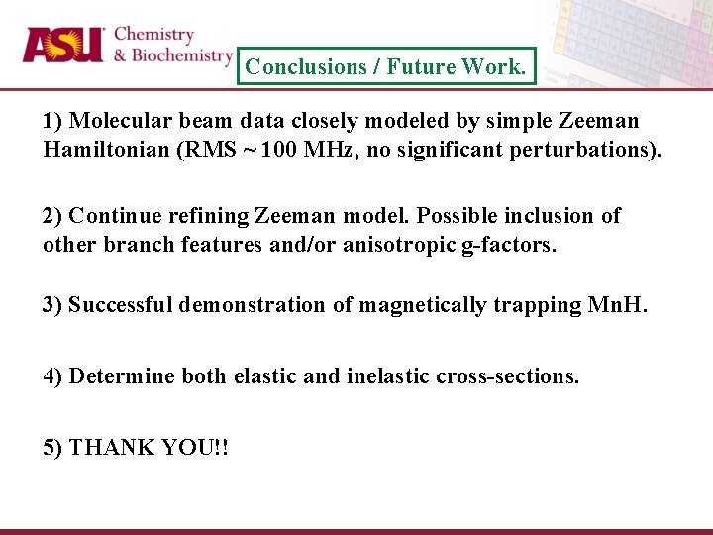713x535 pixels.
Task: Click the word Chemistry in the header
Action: [153, 35]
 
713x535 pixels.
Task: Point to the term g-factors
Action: [508, 244]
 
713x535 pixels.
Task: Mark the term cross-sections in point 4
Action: [507, 376]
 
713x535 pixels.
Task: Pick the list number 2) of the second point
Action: [52, 216]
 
